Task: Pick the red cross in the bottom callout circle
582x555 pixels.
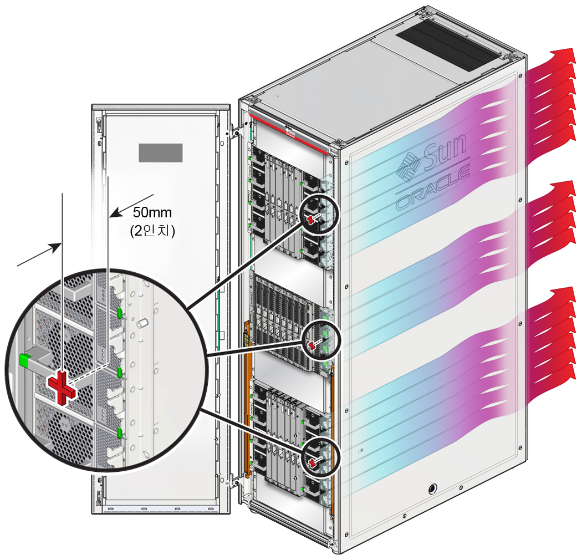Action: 313,461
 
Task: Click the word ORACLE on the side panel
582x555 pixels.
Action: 433,191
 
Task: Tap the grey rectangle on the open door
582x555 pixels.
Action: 160,152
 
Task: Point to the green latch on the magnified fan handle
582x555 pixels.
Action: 24,359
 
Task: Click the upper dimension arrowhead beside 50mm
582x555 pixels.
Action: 114,212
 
